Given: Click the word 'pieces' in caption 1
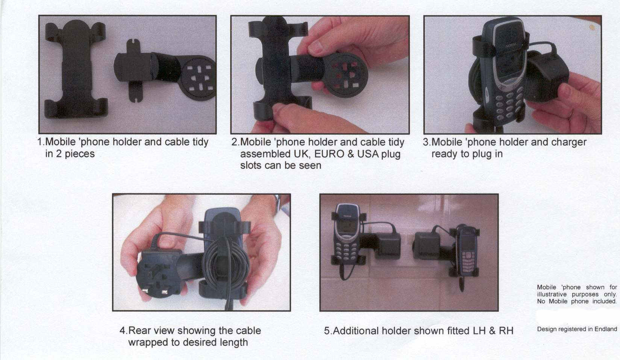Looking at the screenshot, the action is pos(80,154).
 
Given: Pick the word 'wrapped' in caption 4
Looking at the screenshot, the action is pos(148,343).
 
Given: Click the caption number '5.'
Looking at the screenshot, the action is pos(328,331).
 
